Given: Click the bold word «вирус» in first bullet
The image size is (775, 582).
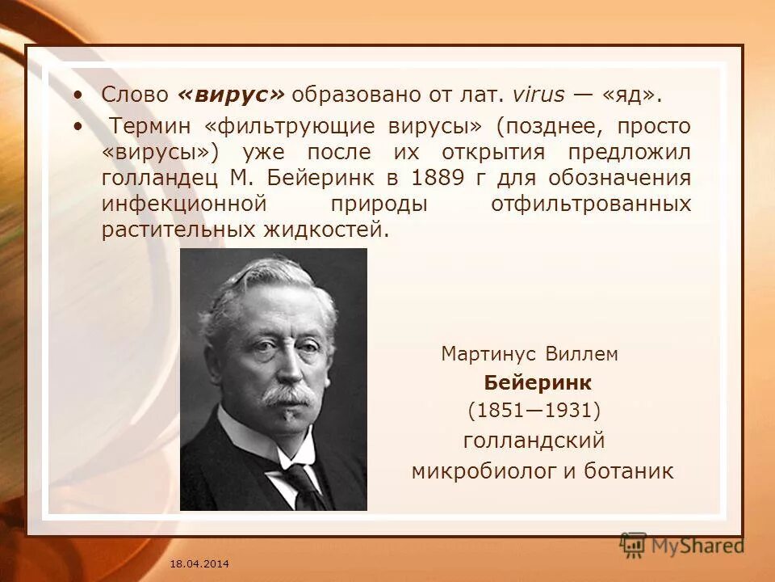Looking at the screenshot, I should tap(230, 94).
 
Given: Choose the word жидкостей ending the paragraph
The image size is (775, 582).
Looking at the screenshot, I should tap(326, 230).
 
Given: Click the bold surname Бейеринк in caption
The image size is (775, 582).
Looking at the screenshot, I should tap(538, 382).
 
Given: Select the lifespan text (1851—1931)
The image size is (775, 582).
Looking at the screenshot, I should tap(534, 411).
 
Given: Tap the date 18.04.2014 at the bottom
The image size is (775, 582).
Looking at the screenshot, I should tap(199, 562).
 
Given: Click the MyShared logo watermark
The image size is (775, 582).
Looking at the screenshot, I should tap(682, 545).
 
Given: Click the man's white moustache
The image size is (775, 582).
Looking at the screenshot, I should tap(288, 395).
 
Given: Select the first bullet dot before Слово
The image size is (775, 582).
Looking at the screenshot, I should tap(77, 95).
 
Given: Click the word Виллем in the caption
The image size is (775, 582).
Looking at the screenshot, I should tap(581, 354).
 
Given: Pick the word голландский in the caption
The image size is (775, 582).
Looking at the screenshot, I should tap(534, 441).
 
